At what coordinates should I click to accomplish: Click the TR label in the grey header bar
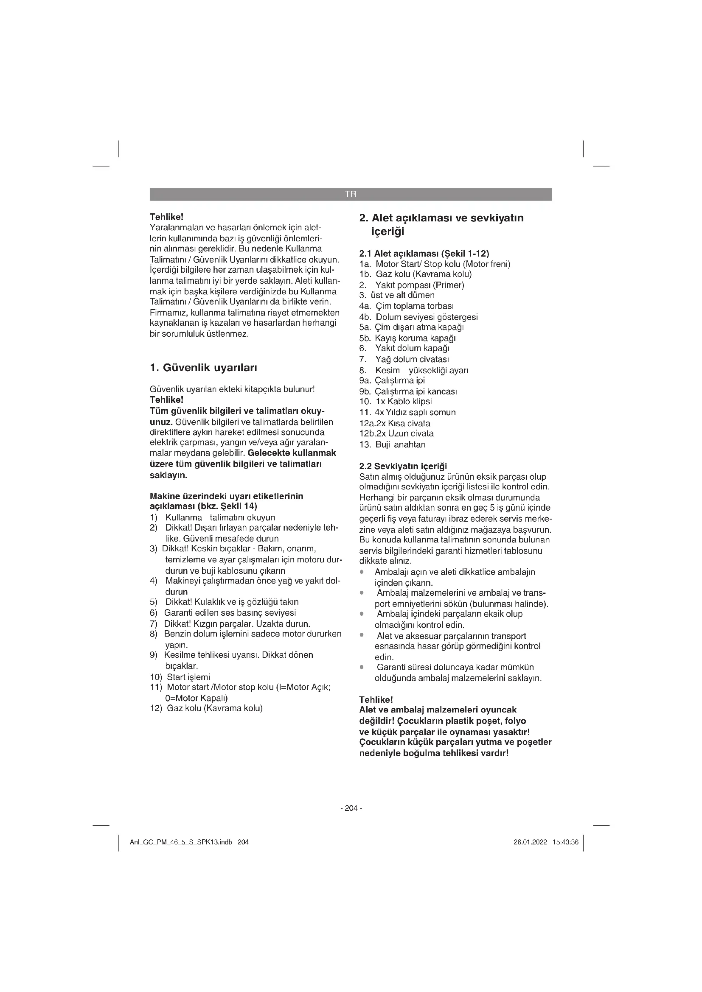(351, 194)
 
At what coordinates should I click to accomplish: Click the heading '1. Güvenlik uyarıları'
(203, 368)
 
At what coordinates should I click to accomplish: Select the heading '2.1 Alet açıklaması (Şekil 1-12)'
(424, 254)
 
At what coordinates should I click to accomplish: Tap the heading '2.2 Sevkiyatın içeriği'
(403, 466)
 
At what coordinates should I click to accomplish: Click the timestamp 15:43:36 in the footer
(565, 843)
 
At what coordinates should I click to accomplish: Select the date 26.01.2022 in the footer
(530, 843)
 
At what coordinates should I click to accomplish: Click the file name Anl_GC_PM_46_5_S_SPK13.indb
(181, 843)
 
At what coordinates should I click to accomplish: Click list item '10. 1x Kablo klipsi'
(395, 401)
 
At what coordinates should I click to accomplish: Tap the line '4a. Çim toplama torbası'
(406, 306)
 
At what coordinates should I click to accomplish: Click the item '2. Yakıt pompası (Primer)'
(412, 285)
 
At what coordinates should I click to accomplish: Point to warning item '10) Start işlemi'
(180, 677)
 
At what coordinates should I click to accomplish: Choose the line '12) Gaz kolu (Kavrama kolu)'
(206, 708)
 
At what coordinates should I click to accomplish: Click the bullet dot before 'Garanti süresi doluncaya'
(362, 667)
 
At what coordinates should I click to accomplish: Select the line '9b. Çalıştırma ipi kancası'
(408, 391)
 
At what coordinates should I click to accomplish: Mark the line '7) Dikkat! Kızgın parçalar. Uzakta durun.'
(230, 624)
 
